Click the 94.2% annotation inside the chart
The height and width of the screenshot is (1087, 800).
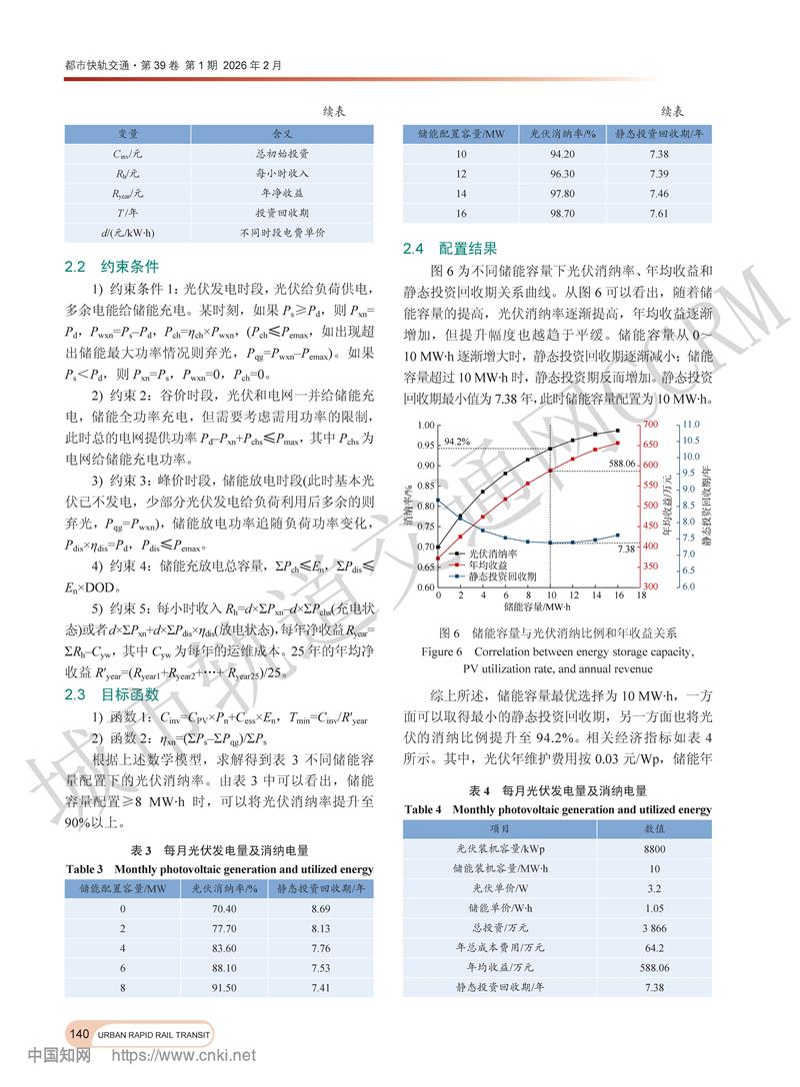456,441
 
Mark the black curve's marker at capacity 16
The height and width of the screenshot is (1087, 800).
617,431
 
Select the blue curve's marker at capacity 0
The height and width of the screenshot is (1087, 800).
438,500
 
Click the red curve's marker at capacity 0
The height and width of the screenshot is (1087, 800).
438,567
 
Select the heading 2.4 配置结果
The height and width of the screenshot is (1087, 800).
448,248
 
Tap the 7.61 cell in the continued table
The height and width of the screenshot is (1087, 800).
657,214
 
